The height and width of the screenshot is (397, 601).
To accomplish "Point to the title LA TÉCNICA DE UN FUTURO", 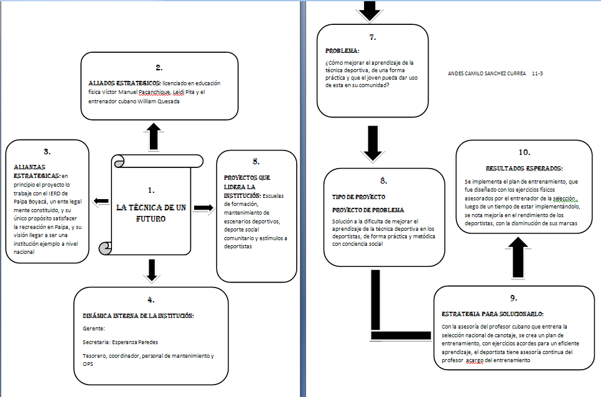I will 151,213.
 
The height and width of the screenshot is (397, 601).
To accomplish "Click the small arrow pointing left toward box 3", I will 100,200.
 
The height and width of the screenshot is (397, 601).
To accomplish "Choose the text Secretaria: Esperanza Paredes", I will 121,342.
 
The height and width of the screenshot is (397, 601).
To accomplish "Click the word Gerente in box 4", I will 93,328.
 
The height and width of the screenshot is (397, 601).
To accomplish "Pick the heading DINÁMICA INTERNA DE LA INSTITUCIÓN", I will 138,315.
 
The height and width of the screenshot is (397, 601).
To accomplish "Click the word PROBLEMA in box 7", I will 342,50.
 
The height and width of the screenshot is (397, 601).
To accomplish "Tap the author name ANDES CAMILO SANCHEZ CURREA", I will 487,73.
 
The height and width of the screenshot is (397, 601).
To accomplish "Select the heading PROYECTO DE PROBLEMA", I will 368,210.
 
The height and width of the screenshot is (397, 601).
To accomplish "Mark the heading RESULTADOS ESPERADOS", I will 524,168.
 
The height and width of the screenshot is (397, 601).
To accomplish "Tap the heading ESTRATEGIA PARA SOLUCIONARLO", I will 492,314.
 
